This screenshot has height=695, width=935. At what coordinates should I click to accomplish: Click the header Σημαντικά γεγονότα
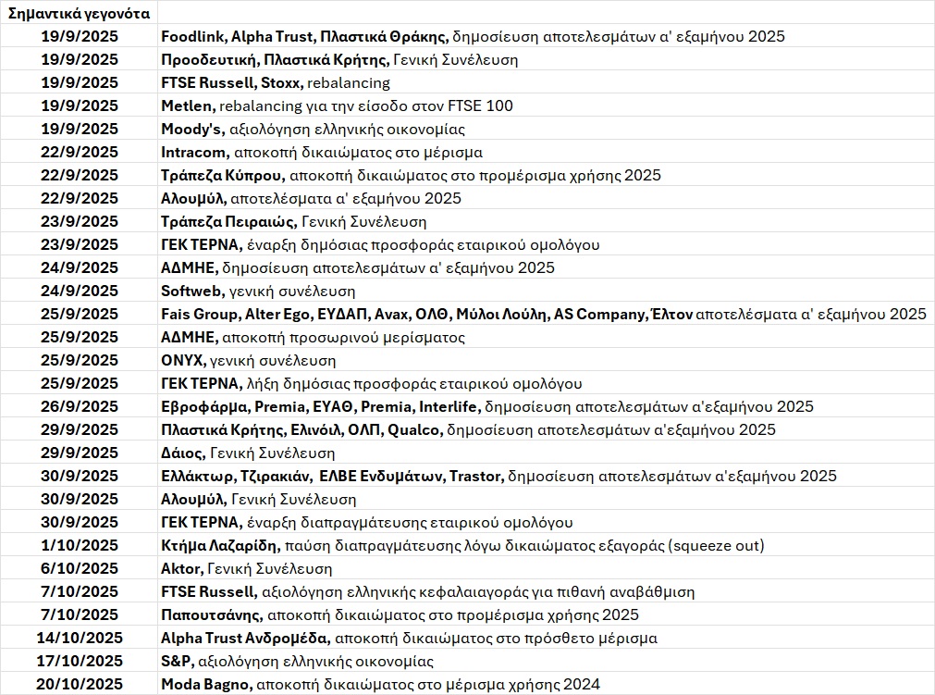pyautogui.click(x=78, y=14)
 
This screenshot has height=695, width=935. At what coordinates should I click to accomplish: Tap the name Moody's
pyautogui.click(x=189, y=130)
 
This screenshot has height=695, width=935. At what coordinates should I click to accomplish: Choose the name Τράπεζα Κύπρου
pyautogui.click(x=221, y=176)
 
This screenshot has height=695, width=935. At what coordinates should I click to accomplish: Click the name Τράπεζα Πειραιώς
pyautogui.click(x=228, y=222)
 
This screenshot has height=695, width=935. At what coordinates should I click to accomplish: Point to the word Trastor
pyautogui.click(x=475, y=477)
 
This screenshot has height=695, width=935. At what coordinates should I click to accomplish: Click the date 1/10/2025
pyautogui.click(x=80, y=545)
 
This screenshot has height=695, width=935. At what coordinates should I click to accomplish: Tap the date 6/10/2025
pyautogui.click(x=80, y=568)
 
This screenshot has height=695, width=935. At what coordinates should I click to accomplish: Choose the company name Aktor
pyautogui.click(x=180, y=569)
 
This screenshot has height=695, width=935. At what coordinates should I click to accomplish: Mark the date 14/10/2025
pyautogui.click(x=80, y=638)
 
